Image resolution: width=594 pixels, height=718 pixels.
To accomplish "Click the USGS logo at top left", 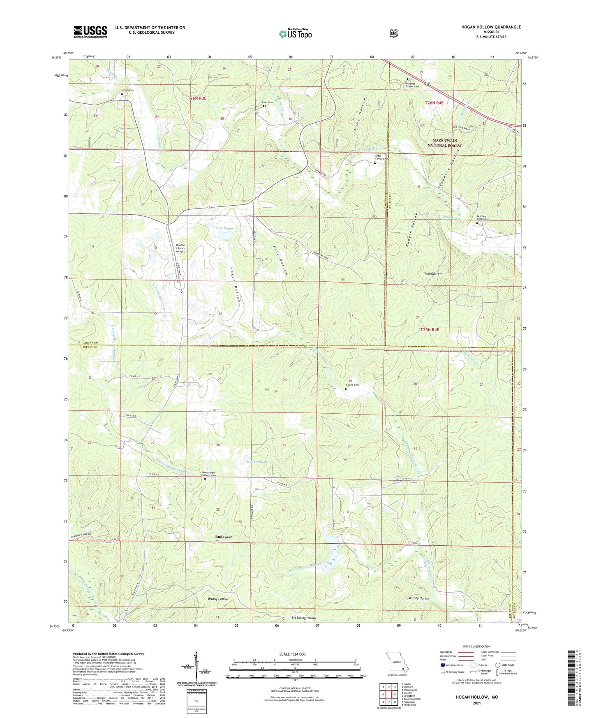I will (90, 32).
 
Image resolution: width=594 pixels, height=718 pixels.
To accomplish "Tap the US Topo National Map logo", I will (296, 34).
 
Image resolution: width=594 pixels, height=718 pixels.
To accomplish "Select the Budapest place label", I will (224, 537).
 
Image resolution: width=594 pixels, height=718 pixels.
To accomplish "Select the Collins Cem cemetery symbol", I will (346, 389).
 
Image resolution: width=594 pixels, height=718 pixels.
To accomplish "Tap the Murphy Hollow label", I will (418, 598).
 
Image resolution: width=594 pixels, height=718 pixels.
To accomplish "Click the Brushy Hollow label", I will (218, 599).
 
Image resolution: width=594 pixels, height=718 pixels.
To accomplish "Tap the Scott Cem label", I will (267, 102).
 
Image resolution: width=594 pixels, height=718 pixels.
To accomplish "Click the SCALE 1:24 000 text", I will (292, 654).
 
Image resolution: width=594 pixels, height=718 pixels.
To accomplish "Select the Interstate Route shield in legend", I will (442, 665).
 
